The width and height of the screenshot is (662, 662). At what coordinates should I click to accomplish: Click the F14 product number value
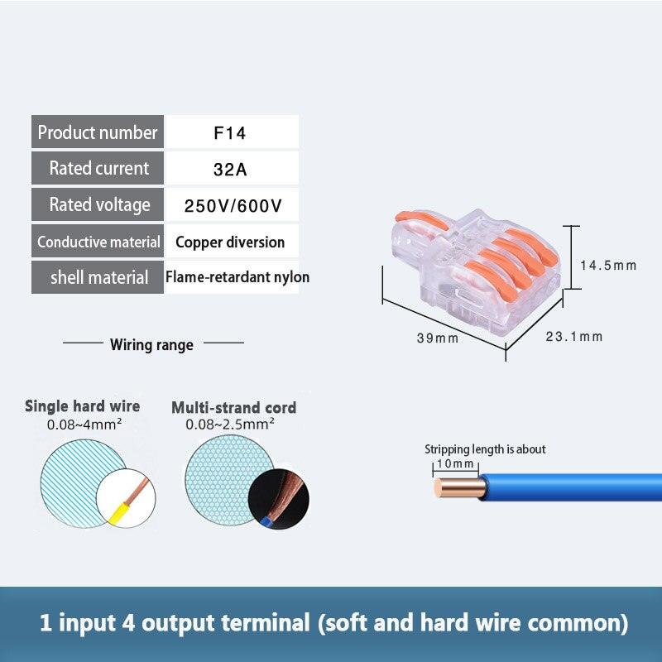(230, 132)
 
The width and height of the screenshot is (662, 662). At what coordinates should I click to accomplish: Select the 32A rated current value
(230, 169)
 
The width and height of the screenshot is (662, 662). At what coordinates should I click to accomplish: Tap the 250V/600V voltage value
(233, 205)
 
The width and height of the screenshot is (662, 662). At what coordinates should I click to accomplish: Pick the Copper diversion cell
(230, 242)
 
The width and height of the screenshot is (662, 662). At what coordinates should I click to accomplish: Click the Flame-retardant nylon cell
(237, 276)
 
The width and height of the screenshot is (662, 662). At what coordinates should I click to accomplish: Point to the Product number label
(98, 132)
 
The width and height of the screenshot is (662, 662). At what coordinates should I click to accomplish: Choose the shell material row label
(98, 277)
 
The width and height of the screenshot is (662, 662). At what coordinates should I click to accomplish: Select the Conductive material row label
(98, 242)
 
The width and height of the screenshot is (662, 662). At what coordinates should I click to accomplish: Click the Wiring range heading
(151, 344)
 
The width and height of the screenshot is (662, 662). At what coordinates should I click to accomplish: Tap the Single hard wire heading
(82, 406)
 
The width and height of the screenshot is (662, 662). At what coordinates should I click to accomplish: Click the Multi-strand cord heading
(233, 407)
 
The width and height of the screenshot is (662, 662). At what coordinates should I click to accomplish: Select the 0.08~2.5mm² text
(230, 425)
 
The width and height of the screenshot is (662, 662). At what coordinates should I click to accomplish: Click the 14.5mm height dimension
(607, 266)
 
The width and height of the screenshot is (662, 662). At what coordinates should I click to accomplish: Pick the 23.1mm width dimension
(574, 336)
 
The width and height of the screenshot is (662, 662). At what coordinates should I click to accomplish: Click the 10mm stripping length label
(456, 464)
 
